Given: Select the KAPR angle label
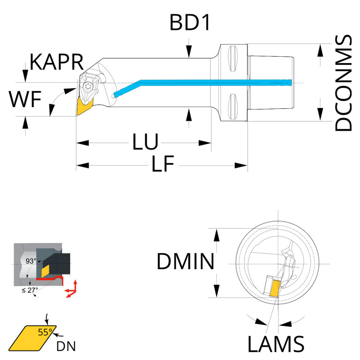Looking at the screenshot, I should tap(57, 62).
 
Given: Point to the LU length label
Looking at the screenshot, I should tap(145, 143).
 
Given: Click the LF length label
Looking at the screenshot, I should tap(162, 165).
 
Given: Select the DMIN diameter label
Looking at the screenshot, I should tap(185, 261).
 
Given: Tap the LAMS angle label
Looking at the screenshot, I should tap(275, 345).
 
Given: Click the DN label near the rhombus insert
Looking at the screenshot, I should tap(66, 346).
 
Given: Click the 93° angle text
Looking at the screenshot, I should tap(31, 261).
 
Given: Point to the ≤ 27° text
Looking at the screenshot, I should tap(30, 290).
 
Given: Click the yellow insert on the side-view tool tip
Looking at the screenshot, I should tap(84, 106).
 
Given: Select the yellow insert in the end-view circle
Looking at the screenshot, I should tap(274, 286).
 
